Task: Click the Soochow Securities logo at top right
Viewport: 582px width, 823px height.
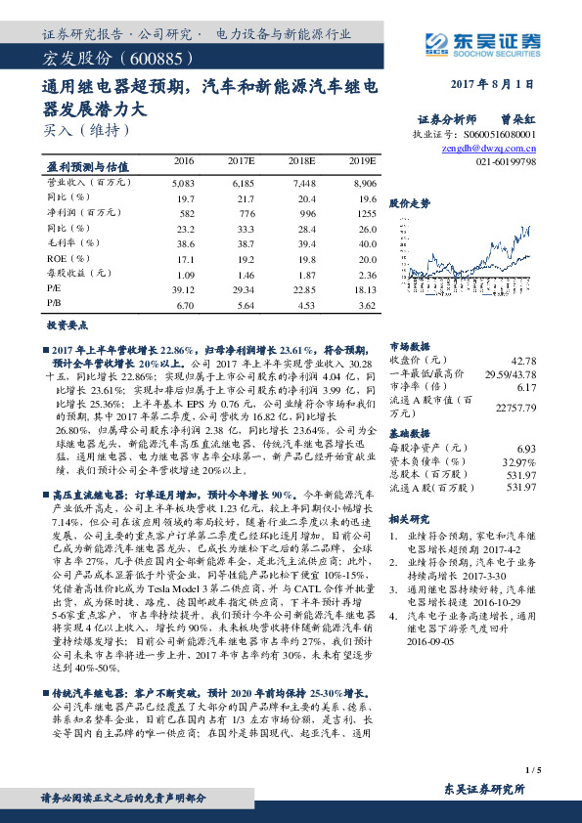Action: tap(484, 41)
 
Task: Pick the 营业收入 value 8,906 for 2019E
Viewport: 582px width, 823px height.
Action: tap(363, 183)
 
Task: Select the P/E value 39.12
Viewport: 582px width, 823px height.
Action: tap(183, 289)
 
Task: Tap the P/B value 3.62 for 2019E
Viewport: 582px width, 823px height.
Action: tap(366, 305)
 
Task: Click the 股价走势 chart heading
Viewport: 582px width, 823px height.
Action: tap(409, 203)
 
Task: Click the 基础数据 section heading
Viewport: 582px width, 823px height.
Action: tap(409, 432)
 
